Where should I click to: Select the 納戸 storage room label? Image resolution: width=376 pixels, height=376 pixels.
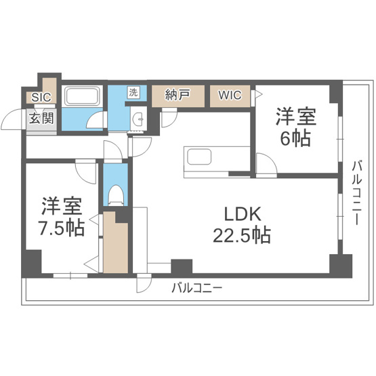[x=177, y=96]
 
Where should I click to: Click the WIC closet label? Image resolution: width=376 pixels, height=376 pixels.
[x=229, y=96]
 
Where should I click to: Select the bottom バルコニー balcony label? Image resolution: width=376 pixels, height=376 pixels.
[x=196, y=288]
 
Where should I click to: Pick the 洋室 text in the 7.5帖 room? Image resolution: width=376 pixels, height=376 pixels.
[x=61, y=205]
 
